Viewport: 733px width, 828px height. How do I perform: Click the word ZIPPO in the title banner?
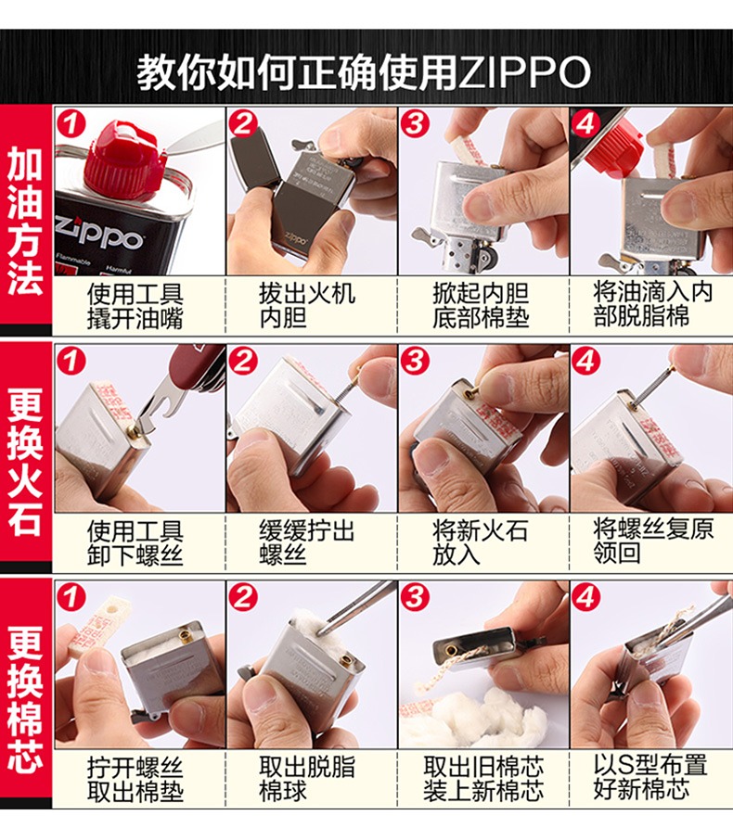click(523, 72)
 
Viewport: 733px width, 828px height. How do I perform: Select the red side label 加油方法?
click(25, 220)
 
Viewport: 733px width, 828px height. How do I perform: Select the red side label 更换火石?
click(25, 460)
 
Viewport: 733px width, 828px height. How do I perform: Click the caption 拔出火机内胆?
click(306, 306)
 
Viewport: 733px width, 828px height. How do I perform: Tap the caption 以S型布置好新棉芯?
click(650, 777)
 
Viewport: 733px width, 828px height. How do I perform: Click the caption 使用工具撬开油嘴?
click(135, 307)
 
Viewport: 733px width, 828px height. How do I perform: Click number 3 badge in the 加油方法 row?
click(415, 123)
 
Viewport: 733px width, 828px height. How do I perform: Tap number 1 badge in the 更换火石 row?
click(71, 362)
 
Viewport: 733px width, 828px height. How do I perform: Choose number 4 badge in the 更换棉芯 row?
click(585, 597)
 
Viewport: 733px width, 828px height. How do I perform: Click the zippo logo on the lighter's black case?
click(295, 237)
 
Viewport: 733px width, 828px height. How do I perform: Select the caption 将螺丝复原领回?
click(652, 541)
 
